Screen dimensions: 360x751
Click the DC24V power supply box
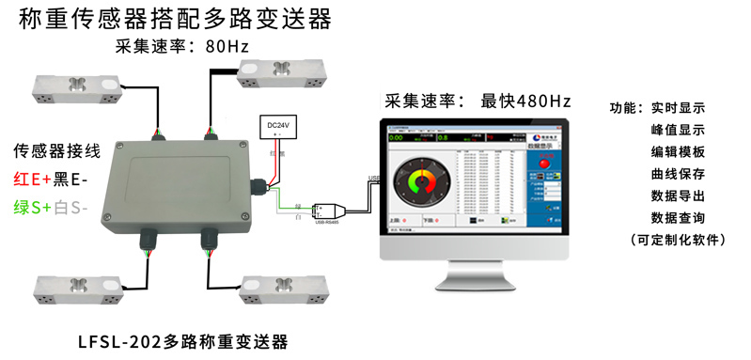278,127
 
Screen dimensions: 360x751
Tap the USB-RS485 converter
329,209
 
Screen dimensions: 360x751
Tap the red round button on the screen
543,165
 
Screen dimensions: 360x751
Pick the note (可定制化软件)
679,241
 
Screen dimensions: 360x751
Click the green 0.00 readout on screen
397,137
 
